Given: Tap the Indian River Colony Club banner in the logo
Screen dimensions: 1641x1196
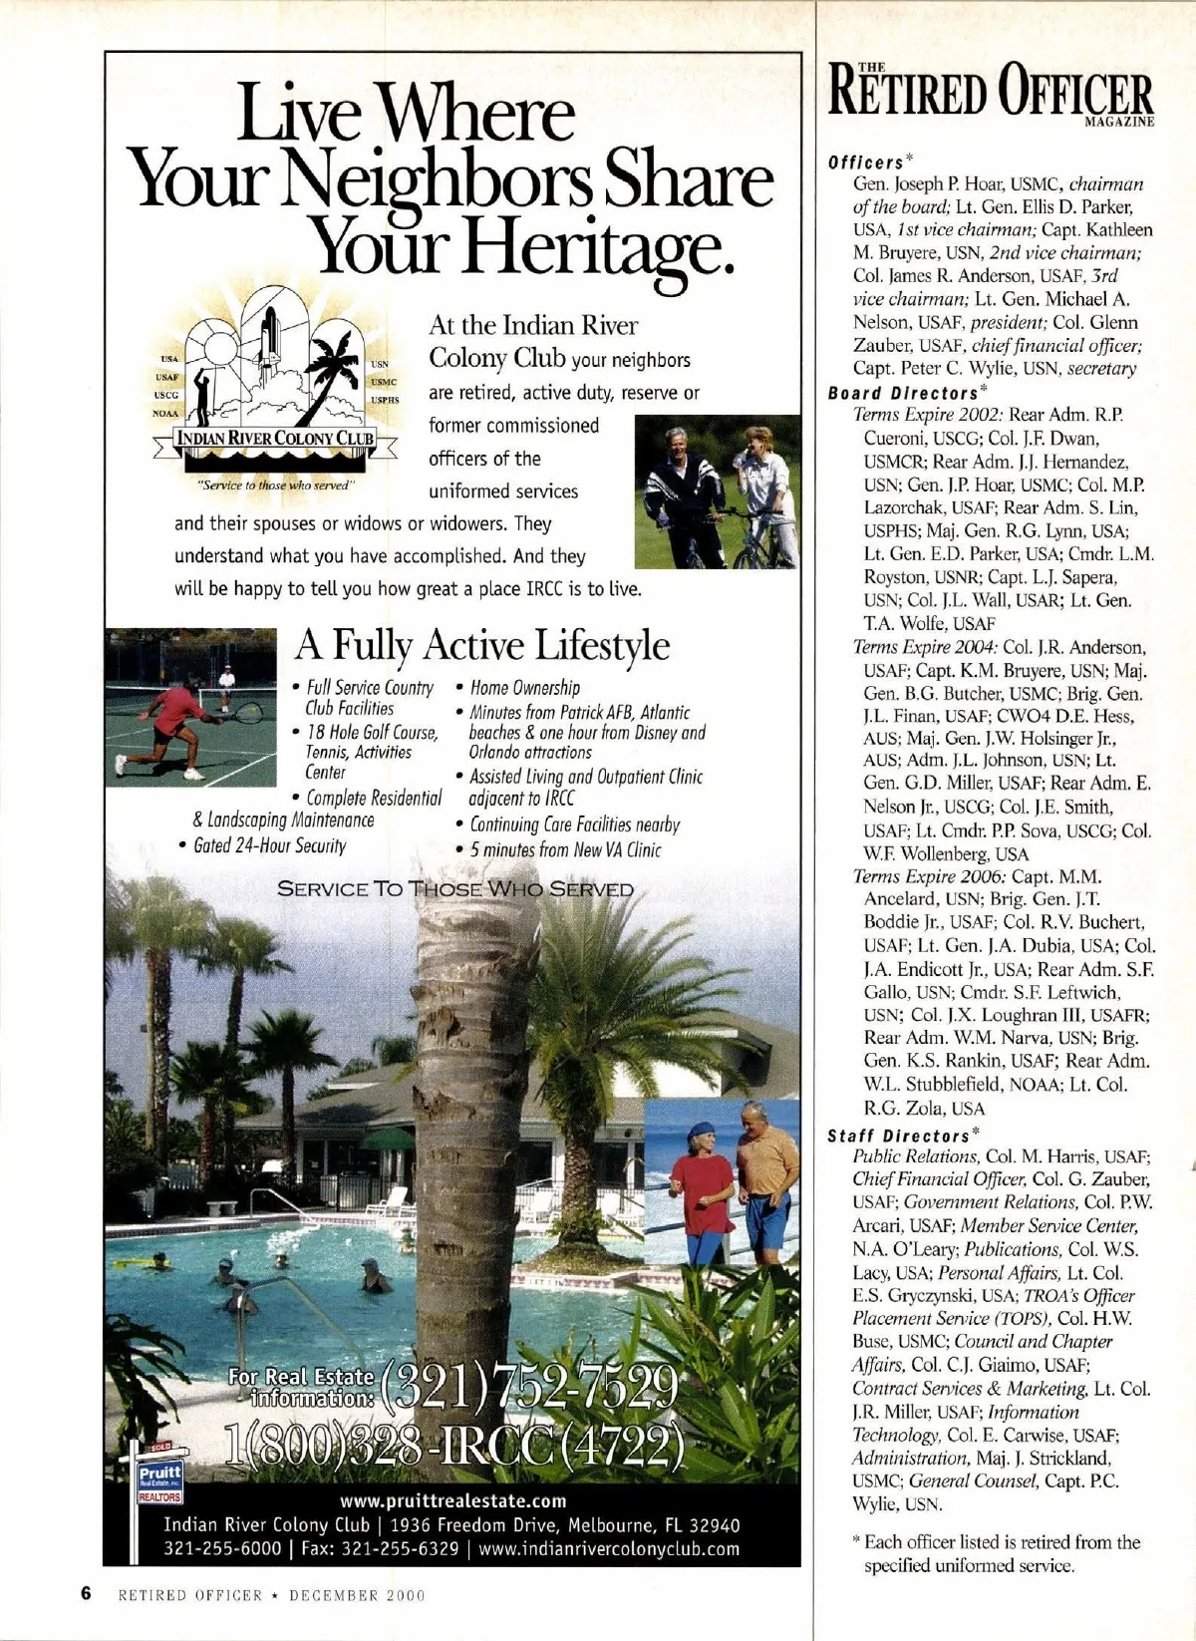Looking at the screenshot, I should point(275,439).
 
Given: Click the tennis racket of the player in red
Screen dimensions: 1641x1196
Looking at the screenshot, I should point(246,712).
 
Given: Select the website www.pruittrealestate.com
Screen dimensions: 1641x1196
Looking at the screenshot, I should point(452,1500).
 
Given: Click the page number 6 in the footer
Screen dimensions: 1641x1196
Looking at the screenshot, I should point(86,1594).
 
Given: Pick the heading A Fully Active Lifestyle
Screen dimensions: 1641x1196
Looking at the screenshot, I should point(481,646).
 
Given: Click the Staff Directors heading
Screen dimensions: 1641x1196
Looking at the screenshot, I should point(900,1135).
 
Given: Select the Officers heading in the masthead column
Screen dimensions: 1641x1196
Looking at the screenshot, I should point(865,163).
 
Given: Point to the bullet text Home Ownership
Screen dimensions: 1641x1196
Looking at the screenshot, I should point(524,688).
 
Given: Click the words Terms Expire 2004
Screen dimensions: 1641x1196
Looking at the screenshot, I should point(914,647).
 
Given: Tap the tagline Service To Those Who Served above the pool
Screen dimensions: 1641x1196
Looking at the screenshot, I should point(454,889).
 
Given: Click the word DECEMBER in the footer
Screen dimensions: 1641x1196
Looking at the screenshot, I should point(333,1595).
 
